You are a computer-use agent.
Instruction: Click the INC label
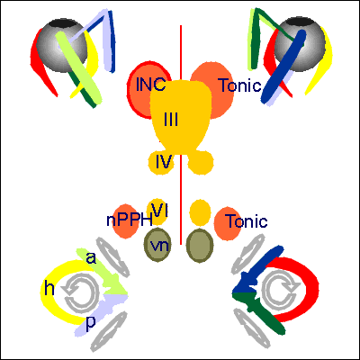[150, 85]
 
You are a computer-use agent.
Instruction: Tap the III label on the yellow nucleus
[171, 119]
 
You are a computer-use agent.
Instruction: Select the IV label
[164, 162]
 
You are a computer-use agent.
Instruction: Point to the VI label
[159, 210]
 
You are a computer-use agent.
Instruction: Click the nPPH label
[130, 220]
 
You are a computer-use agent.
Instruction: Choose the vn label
[160, 246]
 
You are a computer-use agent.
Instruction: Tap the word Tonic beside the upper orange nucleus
[240, 85]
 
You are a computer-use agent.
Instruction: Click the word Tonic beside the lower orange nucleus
[247, 221]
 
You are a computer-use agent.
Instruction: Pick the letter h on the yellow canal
[49, 289]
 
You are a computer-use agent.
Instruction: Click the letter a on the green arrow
[91, 258]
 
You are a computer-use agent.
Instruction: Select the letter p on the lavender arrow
[91, 323]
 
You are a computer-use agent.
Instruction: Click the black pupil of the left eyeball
[62, 24]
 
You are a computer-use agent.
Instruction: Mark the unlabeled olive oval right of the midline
[200, 245]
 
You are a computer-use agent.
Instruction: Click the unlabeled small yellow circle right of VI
[200, 212]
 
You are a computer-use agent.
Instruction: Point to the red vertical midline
[181, 135]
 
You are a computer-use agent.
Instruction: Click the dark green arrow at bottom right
[258, 309]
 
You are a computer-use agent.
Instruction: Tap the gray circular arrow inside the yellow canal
[79, 293]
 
